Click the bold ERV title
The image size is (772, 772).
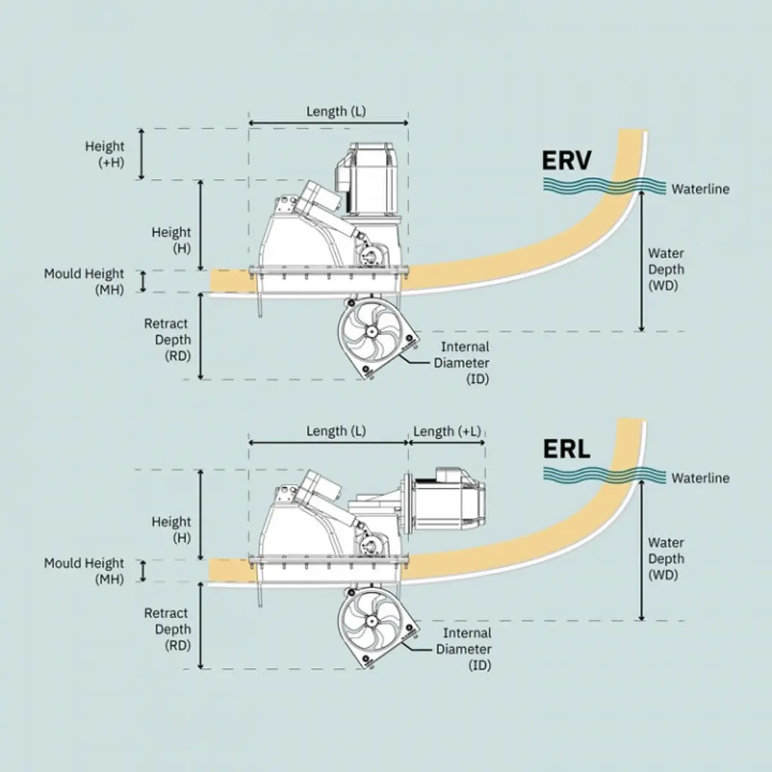[566, 160]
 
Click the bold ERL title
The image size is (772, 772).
[566, 449]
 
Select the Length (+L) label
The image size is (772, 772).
[446, 431]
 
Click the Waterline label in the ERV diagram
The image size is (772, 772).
[700, 189]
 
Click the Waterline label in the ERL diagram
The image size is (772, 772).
[700, 478]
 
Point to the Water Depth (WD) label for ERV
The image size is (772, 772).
[665, 270]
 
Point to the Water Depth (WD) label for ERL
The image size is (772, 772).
[665, 559]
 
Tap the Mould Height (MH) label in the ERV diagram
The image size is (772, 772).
[84, 282]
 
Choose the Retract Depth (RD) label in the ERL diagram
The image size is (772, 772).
[168, 629]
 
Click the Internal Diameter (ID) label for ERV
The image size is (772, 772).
[462, 363]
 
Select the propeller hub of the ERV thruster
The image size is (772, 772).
[371, 332]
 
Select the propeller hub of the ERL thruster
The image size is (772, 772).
[371, 621]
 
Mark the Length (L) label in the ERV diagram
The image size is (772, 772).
[336, 111]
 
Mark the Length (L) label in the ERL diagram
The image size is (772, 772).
[336, 431]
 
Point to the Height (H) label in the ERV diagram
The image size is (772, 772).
[172, 240]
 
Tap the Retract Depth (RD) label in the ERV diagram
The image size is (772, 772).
[168, 340]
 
